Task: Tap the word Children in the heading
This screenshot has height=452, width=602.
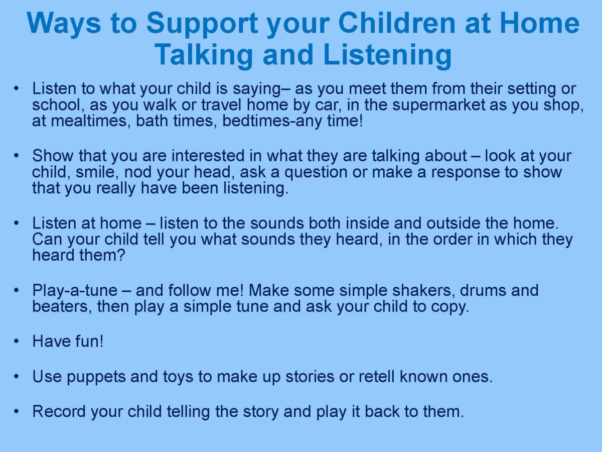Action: tap(397, 23)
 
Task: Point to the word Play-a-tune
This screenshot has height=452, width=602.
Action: tap(75, 291)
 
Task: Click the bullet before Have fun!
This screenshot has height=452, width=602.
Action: tap(17, 341)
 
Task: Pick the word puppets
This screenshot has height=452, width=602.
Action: tap(96, 377)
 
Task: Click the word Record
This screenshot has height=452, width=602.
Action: tap(59, 411)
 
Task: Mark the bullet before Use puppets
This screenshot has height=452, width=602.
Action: tap(17, 376)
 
